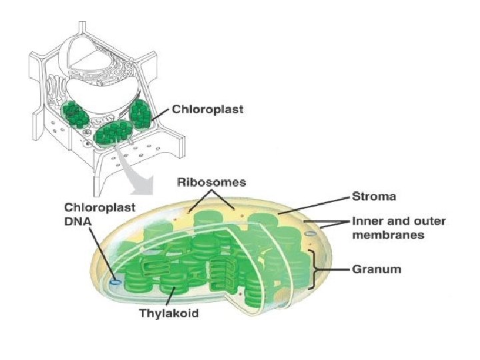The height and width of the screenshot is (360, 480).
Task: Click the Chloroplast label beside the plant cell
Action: click(207, 109)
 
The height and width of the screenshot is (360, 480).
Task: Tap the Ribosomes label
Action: click(211, 181)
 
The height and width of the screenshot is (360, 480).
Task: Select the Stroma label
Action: click(373, 197)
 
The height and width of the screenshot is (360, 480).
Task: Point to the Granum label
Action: click(377, 269)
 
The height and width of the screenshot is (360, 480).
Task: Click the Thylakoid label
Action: click(168, 313)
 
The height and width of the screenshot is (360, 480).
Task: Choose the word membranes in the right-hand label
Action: click(388, 234)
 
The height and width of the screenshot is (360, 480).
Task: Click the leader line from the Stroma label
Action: click(313, 205)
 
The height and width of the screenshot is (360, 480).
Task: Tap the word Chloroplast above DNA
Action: click(99, 207)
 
